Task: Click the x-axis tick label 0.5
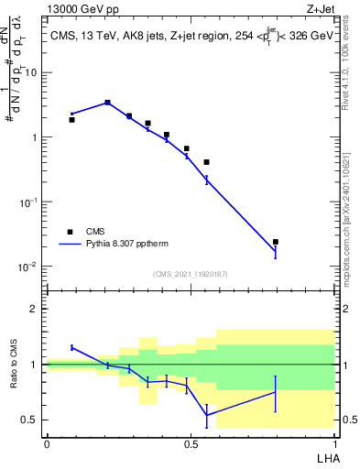(x=190, y=442)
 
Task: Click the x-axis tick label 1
(x=333, y=442)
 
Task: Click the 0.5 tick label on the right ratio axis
(x=346, y=420)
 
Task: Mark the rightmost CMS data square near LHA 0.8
(x=276, y=242)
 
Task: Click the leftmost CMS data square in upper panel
(x=72, y=119)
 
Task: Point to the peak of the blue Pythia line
(x=107, y=103)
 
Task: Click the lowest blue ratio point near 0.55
(x=207, y=415)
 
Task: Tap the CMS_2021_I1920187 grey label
(x=190, y=274)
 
